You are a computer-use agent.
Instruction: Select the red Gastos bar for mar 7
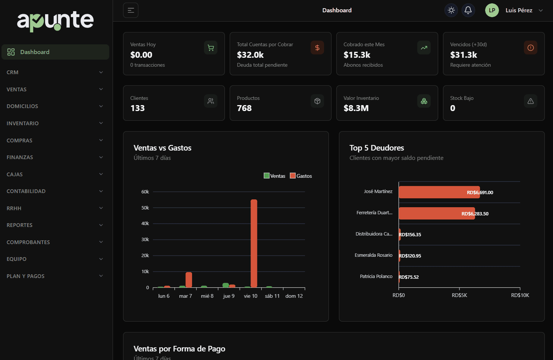[189, 280]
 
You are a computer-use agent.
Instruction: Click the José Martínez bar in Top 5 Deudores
[439, 192]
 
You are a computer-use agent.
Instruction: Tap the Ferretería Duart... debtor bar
[436, 214]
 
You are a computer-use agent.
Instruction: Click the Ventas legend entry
[274, 176]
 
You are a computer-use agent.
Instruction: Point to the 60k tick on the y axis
[145, 192]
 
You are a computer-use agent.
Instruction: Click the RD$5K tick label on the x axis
[459, 295]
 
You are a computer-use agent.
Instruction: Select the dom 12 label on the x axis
[294, 296]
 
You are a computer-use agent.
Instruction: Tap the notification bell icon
[468, 10]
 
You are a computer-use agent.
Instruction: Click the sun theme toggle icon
[451, 10]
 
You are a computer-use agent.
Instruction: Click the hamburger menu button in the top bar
[131, 10]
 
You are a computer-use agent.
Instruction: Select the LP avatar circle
[492, 10]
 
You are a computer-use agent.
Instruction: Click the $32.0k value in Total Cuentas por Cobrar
[250, 55]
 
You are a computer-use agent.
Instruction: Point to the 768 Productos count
[244, 108]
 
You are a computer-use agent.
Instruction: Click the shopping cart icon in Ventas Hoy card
[211, 48]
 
